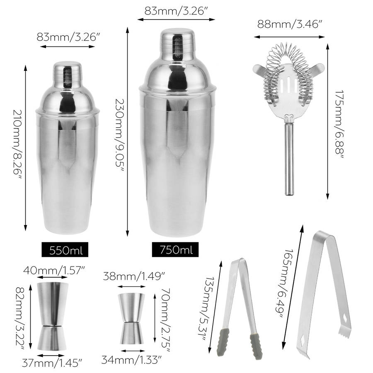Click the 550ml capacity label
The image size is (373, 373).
(65, 250)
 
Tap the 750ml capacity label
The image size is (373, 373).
(175, 250)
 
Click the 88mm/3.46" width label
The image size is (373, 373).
(290, 24)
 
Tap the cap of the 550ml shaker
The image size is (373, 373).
(67, 74)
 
